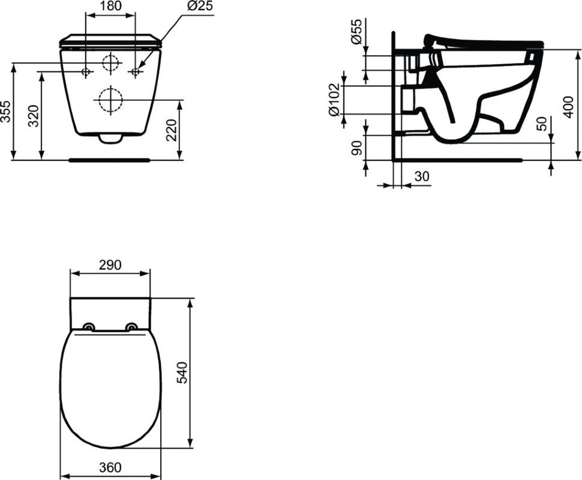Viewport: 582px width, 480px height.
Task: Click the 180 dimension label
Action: click(x=110, y=6)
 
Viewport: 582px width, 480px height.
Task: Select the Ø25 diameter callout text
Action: click(x=200, y=6)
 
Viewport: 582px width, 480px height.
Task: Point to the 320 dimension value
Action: click(x=34, y=116)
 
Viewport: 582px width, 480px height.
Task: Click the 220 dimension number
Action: click(x=171, y=130)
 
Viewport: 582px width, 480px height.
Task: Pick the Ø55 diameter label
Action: click(x=356, y=31)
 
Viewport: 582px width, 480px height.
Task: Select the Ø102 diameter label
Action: click(x=334, y=100)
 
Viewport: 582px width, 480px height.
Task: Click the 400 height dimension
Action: click(x=568, y=107)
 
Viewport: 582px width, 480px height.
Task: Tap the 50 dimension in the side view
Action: click(x=542, y=123)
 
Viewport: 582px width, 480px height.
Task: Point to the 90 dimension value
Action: click(x=356, y=148)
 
